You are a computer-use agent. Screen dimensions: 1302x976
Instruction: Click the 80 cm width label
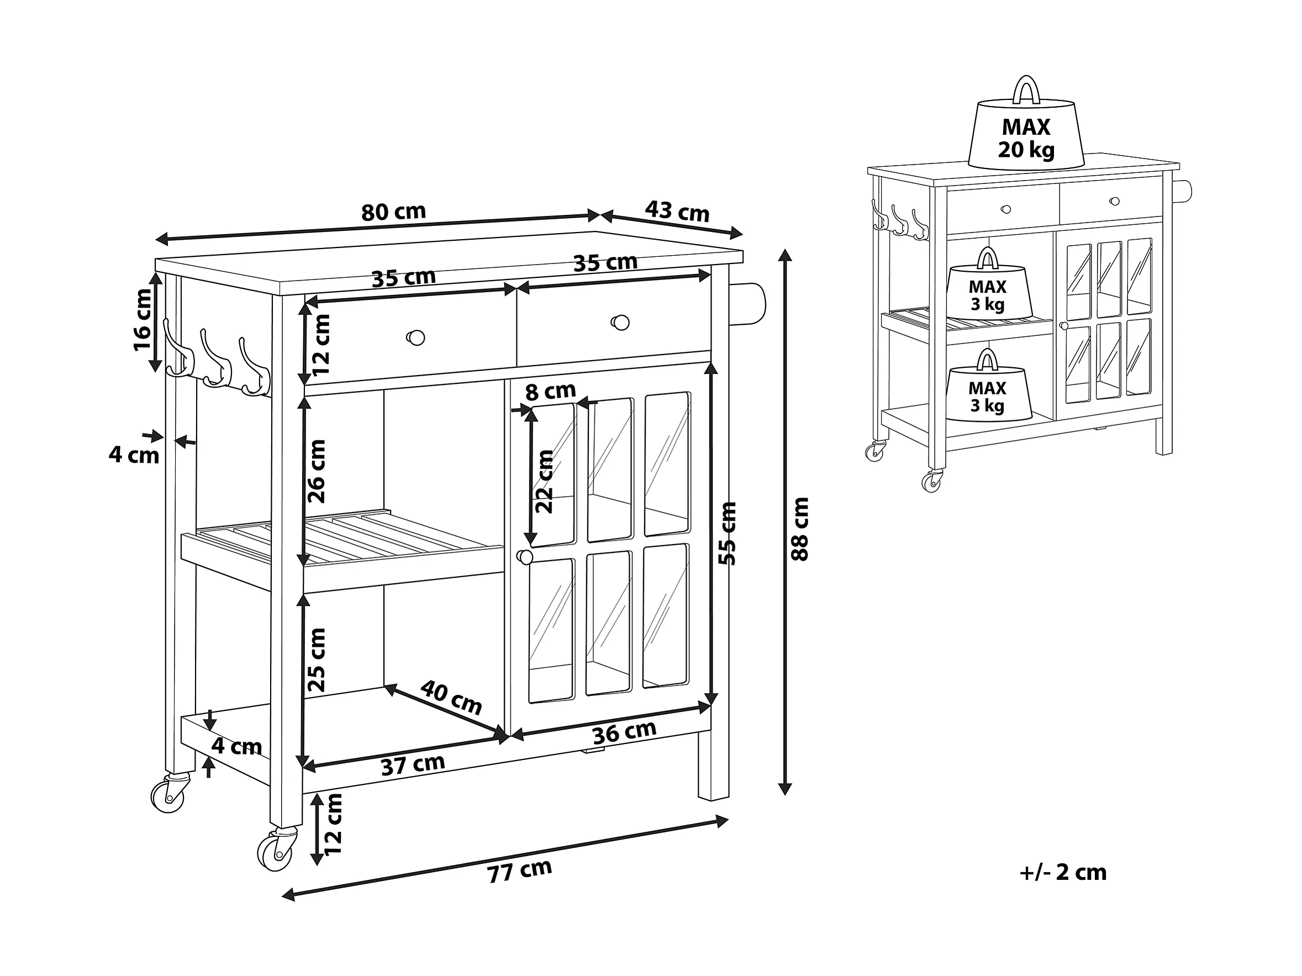pos(393,212)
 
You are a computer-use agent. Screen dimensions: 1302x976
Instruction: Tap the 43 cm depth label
pos(677,211)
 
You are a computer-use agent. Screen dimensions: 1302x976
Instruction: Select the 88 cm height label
pos(800,529)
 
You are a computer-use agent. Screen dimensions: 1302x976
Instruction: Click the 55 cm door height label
pos(728,534)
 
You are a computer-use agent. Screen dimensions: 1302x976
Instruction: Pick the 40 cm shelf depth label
pos(451,697)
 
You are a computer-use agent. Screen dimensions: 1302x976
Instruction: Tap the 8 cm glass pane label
pos(550,392)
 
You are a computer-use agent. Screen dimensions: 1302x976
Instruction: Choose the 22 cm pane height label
pos(544,482)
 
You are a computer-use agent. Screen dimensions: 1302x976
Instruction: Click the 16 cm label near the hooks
pos(143,320)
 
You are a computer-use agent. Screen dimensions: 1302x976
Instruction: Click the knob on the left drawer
pos(415,337)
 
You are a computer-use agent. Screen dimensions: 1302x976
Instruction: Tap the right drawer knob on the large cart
pos(620,323)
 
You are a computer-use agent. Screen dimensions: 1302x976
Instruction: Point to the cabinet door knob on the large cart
pos(524,557)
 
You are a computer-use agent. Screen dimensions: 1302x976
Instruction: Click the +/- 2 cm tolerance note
pos(1063,872)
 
